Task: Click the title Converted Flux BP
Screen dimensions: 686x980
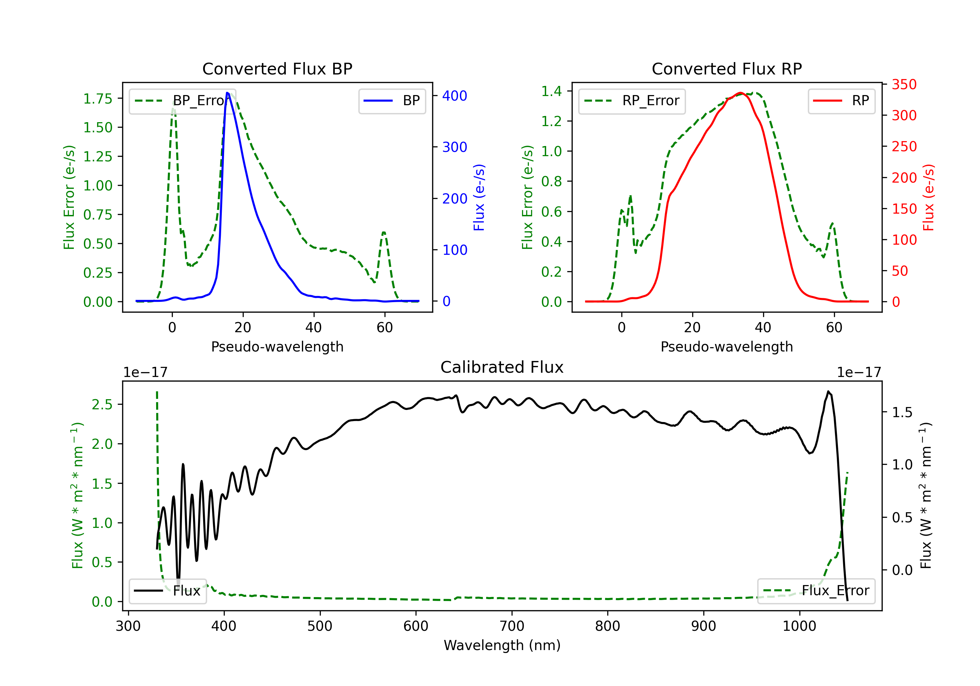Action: [277, 69]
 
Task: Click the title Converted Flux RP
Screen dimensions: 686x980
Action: [727, 69]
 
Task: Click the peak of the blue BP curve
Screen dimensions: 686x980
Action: [227, 93]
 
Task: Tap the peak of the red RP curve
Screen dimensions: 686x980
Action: [741, 93]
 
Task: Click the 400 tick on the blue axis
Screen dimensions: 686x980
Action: [455, 96]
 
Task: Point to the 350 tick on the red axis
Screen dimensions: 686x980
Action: [904, 85]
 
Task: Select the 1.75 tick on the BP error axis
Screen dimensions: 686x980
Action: [98, 99]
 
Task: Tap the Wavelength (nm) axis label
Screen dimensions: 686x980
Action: [502, 645]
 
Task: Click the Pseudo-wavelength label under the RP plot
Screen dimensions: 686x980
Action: [727, 347]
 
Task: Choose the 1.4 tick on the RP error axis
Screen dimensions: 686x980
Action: [551, 91]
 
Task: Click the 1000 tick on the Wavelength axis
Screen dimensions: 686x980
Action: [799, 626]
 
